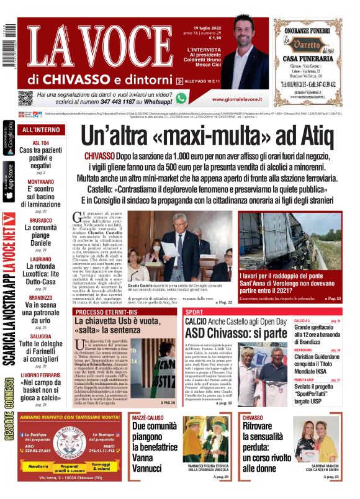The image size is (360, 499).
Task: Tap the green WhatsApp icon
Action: pyautogui.click(x=181, y=98)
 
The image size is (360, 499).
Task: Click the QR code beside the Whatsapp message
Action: pyautogui.click(x=25, y=97)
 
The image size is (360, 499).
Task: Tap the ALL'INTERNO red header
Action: pyautogui.click(x=41, y=130)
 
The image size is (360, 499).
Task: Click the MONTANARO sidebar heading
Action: pyautogui.click(x=41, y=182)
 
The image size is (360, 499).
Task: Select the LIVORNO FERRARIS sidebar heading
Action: pyautogui.click(x=41, y=375)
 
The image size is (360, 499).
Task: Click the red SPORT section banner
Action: pyautogui.click(x=194, y=312)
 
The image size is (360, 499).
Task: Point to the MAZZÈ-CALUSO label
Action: pyautogui.click(x=148, y=418)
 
